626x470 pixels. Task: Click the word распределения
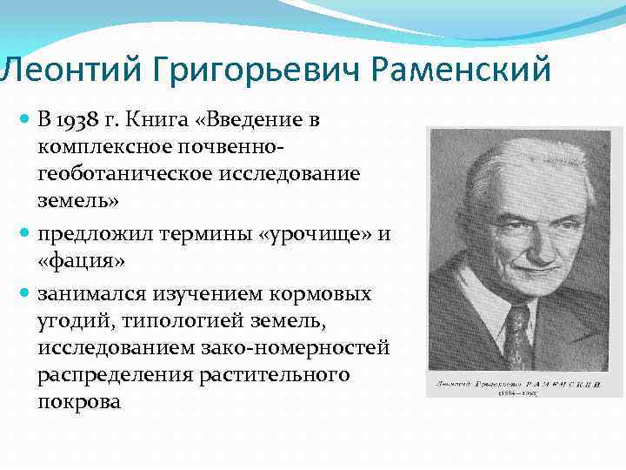110,375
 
